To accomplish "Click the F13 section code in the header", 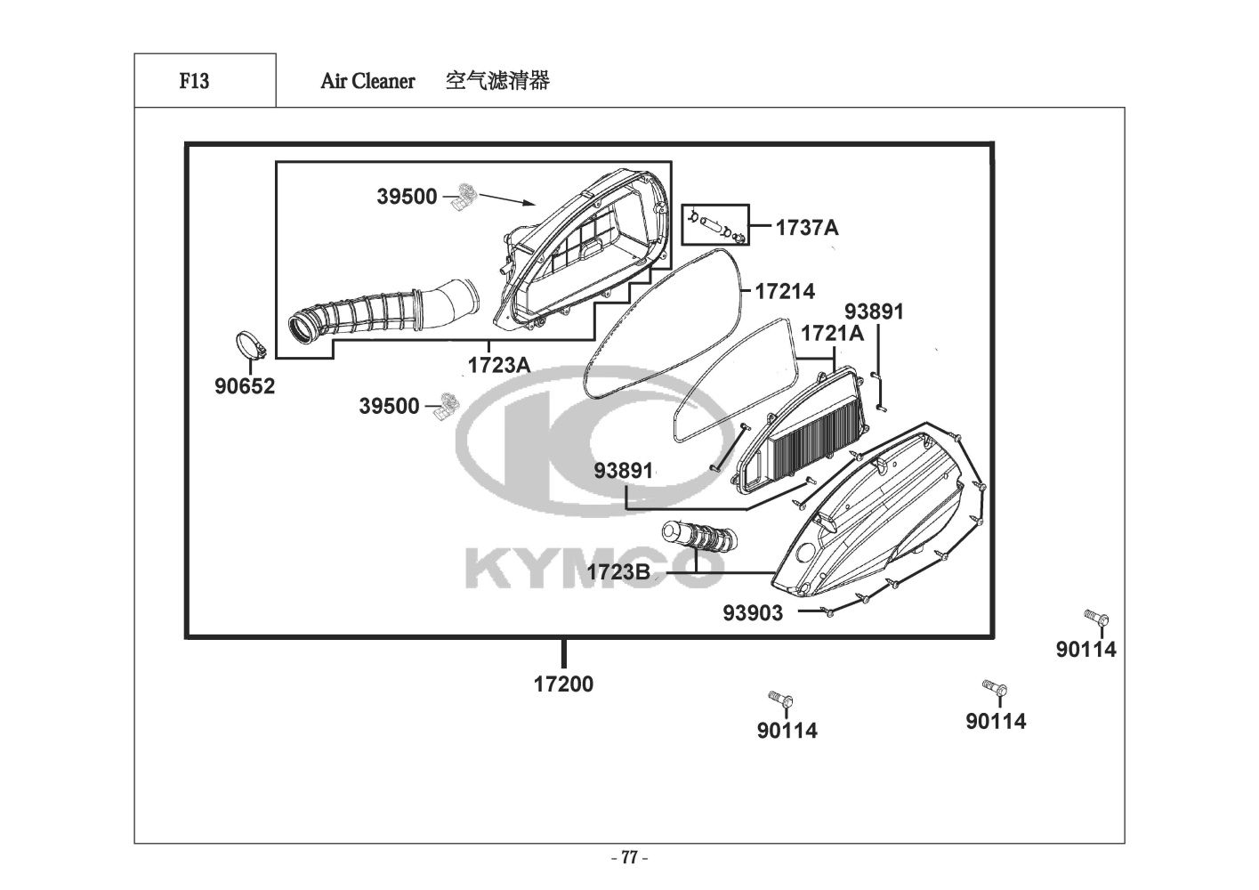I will [x=194, y=81].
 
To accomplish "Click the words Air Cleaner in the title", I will [x=367, y=81].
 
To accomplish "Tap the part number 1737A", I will [x=806, y=228].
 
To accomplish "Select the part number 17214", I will [x=785, y=291].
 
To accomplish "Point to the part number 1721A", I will [x=832, y=334].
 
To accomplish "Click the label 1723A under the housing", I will [x=498, y=364].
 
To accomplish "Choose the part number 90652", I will [x=245, y=386].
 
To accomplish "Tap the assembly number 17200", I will [x=563, y=684].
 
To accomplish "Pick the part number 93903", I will [x=753, y=612].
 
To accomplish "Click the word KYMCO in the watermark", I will [x=592, y=570].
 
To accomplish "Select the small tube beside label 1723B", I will [x=699, y=539].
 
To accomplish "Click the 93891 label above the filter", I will [x=874, y=311].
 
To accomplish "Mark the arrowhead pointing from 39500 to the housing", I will [x=531, y=204].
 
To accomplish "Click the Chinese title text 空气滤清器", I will [x=497, y=81].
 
